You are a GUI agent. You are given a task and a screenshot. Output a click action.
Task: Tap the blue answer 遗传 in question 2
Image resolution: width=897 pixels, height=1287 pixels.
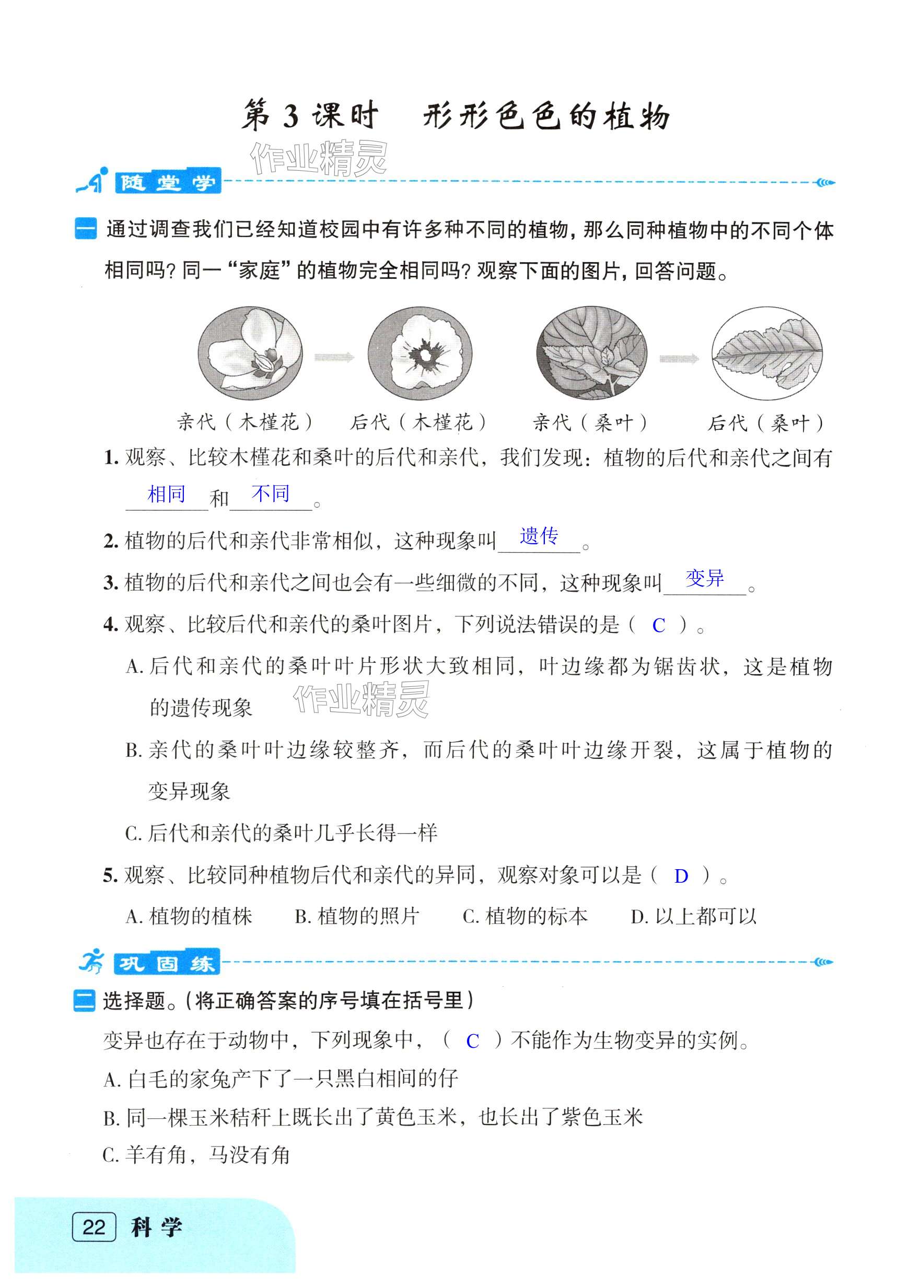539,536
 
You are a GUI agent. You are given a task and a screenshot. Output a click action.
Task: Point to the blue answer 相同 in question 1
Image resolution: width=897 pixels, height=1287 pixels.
167,495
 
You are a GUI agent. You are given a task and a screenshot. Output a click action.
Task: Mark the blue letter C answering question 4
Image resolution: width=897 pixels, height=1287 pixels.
658,626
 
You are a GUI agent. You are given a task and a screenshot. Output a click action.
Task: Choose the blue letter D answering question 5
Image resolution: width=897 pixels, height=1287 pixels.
681,876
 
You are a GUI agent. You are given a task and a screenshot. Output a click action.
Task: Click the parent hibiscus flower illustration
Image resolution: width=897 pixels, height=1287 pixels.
250,353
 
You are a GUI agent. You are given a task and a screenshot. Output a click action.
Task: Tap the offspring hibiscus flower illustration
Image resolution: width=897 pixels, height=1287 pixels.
420,353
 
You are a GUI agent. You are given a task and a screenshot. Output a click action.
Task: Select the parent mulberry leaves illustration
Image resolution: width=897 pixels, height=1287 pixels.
591,353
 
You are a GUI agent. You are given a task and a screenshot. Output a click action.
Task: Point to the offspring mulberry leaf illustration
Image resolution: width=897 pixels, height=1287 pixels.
767,353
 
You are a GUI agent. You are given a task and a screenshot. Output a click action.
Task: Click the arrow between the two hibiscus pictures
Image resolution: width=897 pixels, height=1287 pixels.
334,357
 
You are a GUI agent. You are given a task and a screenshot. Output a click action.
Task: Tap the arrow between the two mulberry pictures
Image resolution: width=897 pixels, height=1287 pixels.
679,359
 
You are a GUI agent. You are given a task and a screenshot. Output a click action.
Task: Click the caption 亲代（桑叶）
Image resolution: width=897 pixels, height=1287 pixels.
590,423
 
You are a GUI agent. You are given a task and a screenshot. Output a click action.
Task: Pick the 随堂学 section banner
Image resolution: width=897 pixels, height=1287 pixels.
167,182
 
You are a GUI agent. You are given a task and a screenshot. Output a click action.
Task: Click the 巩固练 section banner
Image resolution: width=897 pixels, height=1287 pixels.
167,964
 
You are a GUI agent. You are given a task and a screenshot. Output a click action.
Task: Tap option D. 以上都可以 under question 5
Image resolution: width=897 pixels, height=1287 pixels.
693,917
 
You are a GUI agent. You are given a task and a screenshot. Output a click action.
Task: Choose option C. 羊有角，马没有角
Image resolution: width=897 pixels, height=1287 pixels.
196,1155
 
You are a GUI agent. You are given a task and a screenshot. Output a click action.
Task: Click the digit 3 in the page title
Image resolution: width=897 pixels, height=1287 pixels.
290,116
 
